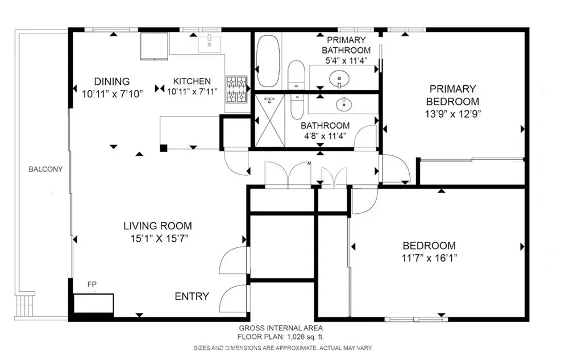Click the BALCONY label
[45, 169]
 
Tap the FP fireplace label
[92, 284]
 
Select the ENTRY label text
[192, 296]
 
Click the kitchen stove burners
[237, 89]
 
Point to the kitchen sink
[209, 43]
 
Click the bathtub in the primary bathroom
[268, 61]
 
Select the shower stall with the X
[270, 121]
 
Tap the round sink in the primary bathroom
[339, 78]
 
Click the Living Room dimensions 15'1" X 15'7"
[159, 238]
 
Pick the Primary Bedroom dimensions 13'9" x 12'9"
[453, 114]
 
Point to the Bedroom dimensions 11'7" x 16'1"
[430, 258]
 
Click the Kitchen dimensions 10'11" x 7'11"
[192, 92]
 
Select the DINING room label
[112, 81]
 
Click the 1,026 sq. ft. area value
[305, 337]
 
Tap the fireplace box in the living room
[93, 304]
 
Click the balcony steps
[25, 304]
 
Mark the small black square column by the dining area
[163, 148]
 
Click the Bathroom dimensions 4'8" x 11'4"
[325, 136]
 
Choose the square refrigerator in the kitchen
[154, 46]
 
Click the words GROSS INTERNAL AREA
[281, 328]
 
